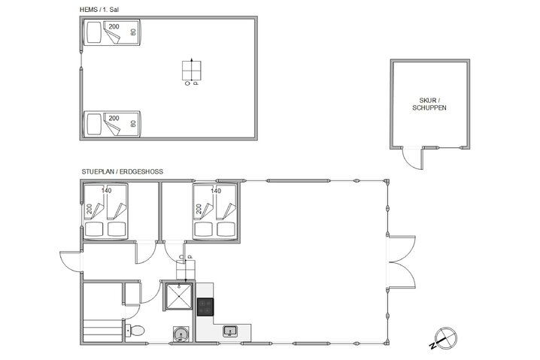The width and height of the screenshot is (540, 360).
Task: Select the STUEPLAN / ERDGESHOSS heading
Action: click(123, 171)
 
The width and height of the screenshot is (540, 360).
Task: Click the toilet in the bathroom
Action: click(136, 329)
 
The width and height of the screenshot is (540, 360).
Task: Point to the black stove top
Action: click(205, 306)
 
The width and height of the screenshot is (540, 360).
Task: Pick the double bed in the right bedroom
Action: click(217, 213)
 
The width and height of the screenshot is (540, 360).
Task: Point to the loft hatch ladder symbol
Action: click(193, 71)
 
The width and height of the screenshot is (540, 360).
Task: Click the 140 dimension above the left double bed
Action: click(107, 191)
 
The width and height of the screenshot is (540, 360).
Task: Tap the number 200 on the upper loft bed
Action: click(114, 27)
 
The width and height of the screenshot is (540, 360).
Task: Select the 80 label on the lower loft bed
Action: click(133, 123)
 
